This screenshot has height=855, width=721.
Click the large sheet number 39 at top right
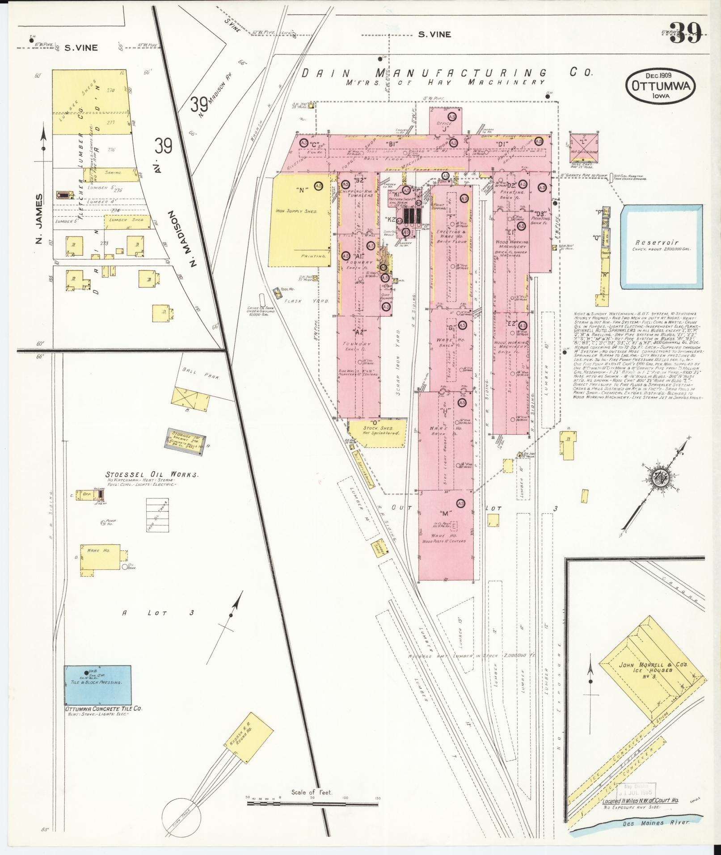click(686, 33)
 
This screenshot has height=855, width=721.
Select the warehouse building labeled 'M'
click(445, 535)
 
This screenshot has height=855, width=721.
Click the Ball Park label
click(201, 374)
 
